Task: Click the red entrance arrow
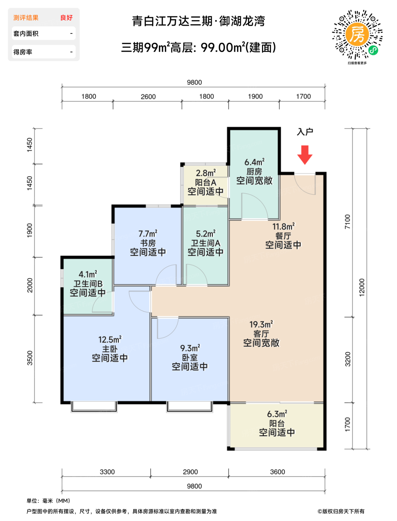click(x=305, y=154)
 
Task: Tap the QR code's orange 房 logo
click(x=357, y=35)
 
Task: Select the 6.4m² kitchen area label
click(x=254, y=162)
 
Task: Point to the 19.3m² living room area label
click(x=261, y=324)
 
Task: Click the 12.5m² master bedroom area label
click(x=110, y=339)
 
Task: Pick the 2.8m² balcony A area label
click(x=206, y=173)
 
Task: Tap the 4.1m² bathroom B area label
click(x=88, y=274)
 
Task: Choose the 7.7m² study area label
click(x=148, y=234)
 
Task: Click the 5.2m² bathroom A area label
click(x=206, y=234)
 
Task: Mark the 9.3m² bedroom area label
click(x=190, y=348)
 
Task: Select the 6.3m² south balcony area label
click(x=277, y=414)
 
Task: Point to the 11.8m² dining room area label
click(x=283, y=226)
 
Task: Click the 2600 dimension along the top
click(x=148, y=97)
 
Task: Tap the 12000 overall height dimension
click(x=362, y=287)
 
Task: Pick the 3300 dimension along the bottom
click(x=107, y=472)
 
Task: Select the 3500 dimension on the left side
click(x=30, y=358)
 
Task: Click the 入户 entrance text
click(x=305, y=132)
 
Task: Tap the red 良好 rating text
click(x=66, y=18)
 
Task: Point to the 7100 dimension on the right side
click(x=347, y=222)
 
